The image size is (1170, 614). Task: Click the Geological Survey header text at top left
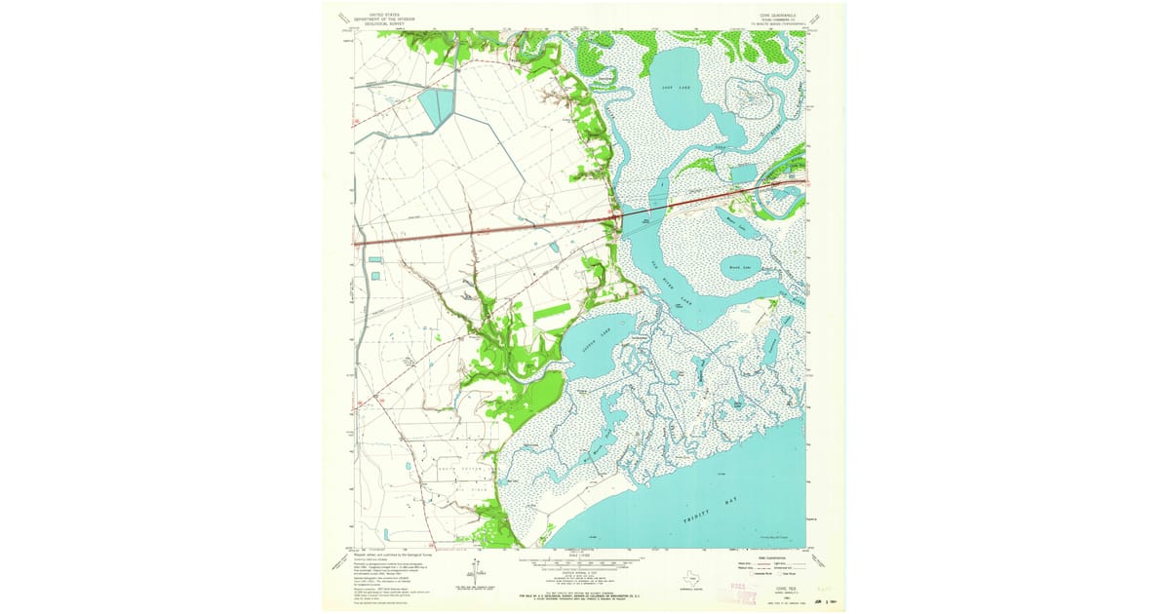click(383, 18)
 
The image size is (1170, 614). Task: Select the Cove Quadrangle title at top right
click(778, 16)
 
